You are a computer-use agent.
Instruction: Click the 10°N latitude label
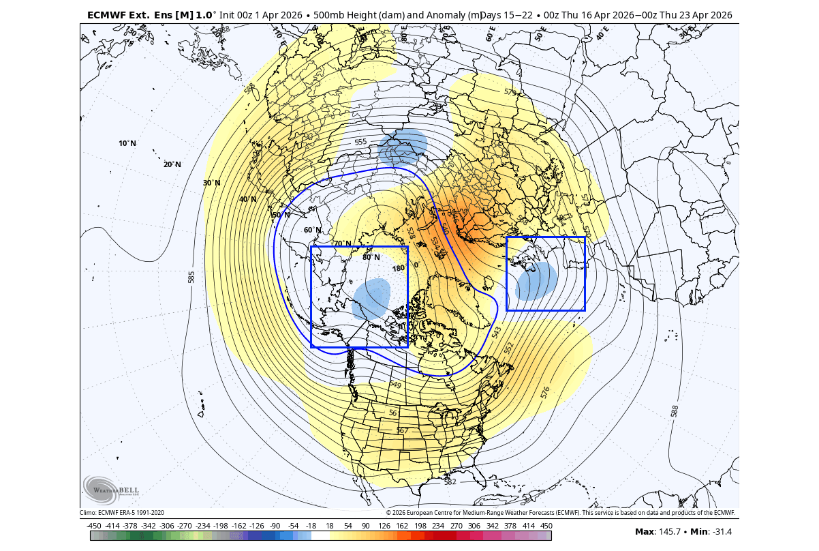tap(127, 143)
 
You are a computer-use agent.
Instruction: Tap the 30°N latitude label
tap(212, 183)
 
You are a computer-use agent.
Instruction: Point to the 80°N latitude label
tap(371, 257)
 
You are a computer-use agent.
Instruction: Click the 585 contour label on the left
tap(191, 277)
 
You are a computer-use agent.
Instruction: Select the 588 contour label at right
tap(674, 411)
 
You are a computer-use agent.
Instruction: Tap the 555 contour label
tap(360, 142)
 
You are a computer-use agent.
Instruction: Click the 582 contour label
tap(450, 481)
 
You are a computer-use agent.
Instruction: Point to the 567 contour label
tap(401, 430)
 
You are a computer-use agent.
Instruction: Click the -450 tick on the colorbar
tap(94, 526)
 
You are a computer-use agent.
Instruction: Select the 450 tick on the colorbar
tap(546, 526)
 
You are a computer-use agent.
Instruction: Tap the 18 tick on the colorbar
tap(329, 526)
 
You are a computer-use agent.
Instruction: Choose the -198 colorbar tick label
tap(220, 526)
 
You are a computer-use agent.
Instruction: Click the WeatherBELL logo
tap(110, 490)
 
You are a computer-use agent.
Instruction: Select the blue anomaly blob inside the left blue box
tap(371, 299)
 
